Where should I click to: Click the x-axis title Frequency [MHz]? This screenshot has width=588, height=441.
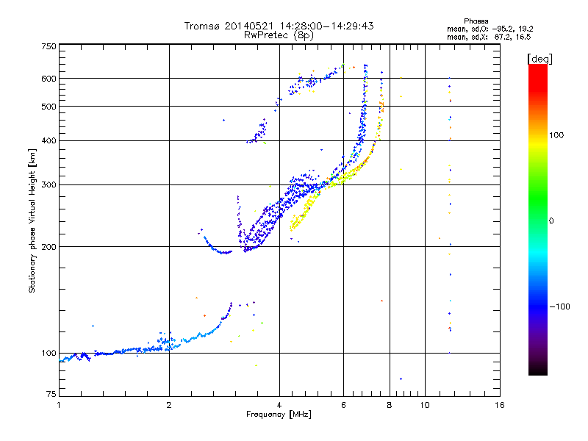pos(279,415)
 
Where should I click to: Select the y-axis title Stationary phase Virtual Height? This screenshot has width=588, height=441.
pos(32,220)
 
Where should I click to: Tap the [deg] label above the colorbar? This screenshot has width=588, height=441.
pos(540,58)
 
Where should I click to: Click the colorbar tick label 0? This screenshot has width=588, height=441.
pos(552,220)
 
